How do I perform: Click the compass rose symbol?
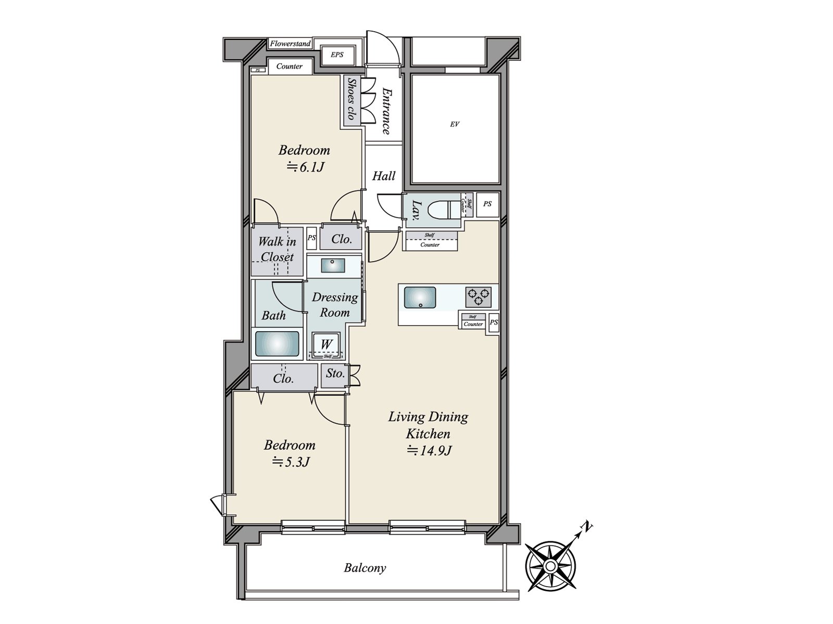coord(550,566)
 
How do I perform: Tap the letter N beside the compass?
coord(587,527)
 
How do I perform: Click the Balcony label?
coord(364,568)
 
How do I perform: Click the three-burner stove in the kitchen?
coord(478,297)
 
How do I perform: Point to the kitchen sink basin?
coord(420,297)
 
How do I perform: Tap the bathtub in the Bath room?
coord(277,344)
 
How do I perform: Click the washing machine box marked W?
coord(326,344)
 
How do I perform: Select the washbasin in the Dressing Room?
coord(332,265)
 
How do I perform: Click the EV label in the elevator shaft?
coord(455,124)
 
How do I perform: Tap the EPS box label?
coord(337,55)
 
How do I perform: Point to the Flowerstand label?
coord(290,44)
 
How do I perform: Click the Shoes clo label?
coord(352,100)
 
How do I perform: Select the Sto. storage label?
coord(334,373)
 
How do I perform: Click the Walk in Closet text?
coord(277,249)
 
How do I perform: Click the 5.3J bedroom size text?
coord(291,462)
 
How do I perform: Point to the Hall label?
coord(384,176)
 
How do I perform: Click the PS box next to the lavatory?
coord(487,204)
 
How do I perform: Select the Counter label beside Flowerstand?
coord(289,67)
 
